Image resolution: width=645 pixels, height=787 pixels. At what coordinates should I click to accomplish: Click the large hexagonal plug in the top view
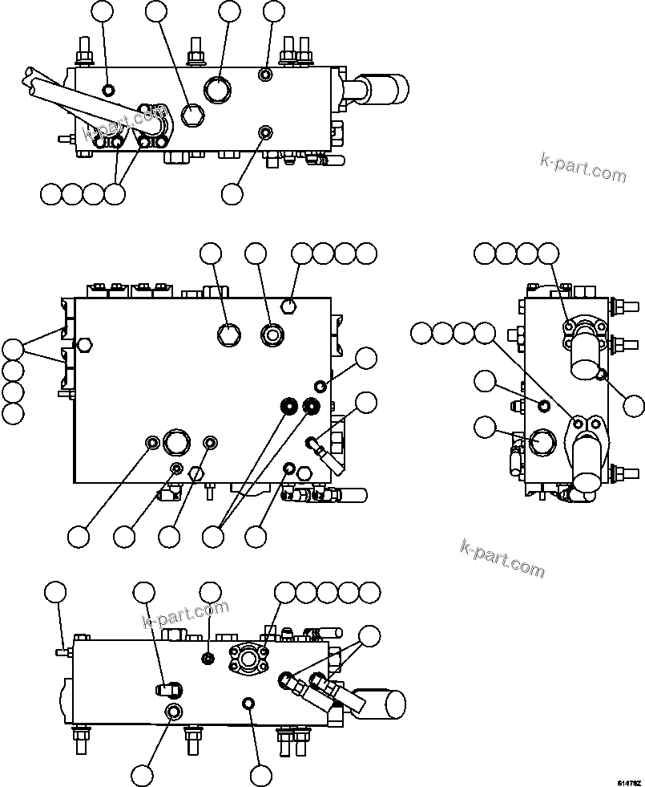pos(192,116)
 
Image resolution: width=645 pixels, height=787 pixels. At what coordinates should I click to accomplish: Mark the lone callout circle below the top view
pos(232,193)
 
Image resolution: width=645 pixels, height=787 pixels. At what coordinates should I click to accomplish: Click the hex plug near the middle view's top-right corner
pos(290,306)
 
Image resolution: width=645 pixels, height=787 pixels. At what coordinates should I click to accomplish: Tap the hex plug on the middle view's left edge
pos(86,347)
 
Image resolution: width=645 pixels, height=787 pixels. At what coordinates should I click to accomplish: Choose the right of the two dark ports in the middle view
pos(309,407)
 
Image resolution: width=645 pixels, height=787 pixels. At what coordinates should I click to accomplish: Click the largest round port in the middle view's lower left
pos(175,442)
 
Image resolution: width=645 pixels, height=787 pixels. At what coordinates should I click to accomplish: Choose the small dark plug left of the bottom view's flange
pos(208,659)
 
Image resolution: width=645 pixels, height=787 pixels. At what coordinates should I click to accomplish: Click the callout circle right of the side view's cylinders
pos(634,407)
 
